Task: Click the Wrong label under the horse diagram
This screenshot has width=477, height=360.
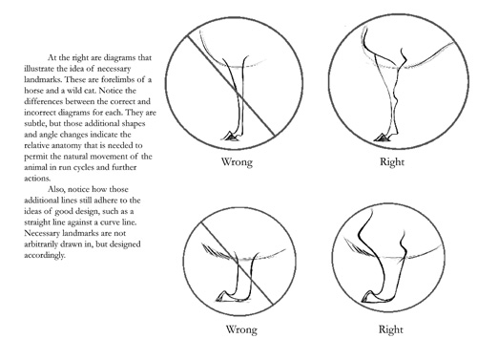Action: [x=237, y=161]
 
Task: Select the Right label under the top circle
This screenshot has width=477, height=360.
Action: [x=392, y=161]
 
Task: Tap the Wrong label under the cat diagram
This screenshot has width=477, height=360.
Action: [x=241, y=329]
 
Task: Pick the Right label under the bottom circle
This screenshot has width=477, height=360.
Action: [x=390, y=329]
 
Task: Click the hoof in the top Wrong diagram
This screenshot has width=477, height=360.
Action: [x=231, y=136]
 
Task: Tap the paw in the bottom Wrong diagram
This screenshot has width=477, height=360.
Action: [x=226, y=296]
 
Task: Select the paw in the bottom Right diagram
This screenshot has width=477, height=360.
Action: [x=373, y=296]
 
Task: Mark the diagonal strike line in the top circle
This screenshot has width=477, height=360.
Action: [x=231, y=86]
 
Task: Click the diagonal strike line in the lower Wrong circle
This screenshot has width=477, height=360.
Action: [x=237, y=263]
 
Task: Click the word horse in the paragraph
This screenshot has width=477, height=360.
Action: [x=33, y=91]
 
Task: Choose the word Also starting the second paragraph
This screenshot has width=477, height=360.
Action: [x=56, y=189]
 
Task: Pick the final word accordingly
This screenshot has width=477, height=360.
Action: [x=45, y=255]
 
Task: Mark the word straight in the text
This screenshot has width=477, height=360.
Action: [x=37, y=222]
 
